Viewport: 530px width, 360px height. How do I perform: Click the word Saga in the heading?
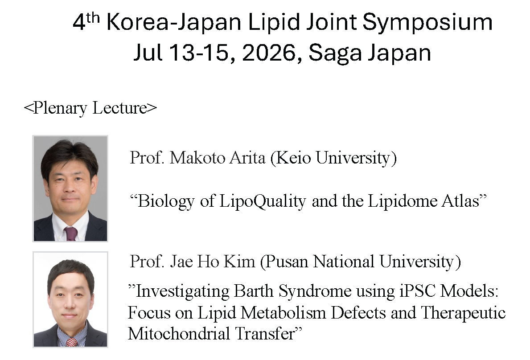point(335,54)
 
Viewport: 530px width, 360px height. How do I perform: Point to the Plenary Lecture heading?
point(90,108)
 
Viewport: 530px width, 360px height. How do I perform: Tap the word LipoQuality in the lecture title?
point(263,202)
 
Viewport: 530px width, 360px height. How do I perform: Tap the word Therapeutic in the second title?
point(463,313)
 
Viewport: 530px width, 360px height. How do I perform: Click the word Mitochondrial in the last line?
point(179,334)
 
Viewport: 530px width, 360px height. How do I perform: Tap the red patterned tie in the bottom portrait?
point(72,342)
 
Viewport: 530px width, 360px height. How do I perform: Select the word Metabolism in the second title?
point(283,313)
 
